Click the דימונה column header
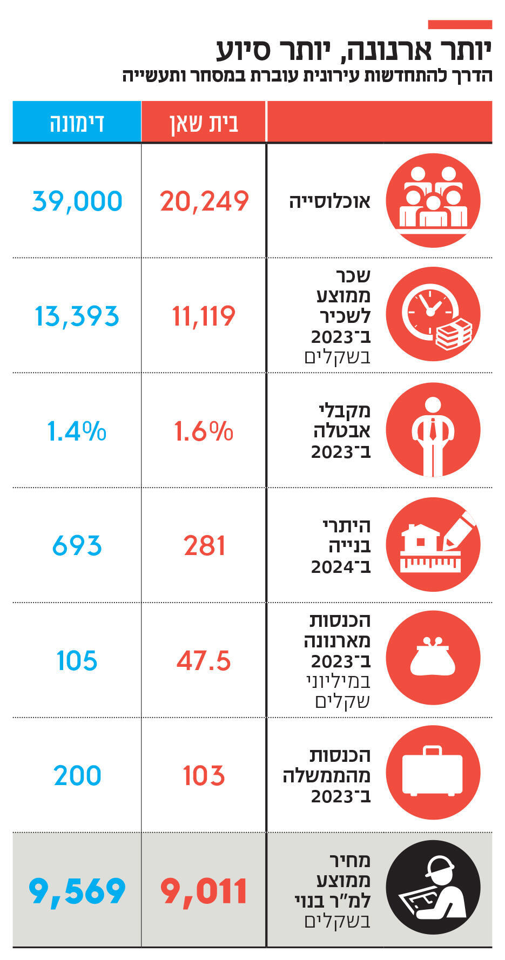click(x=77, y=123)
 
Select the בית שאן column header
click(x=204, y=123)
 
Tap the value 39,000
click(x=77, y=201)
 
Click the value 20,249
click(x=204, y=201)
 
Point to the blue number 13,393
click(x=77, y=316)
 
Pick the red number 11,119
click(x=204, y=316)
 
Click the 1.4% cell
click(x=77, y=431)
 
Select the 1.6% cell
click(x=204, y=431)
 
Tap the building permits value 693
click(x=77, y=546)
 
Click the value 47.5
click(x=204, y=661)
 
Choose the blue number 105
click(x=77, y=661)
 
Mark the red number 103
click(x=204, y=776)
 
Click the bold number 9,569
click(x=77, y=891)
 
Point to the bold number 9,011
click(x=204, y=891)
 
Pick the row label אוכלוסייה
click(x=329, y=201)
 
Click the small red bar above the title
click(x=460, y=24)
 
